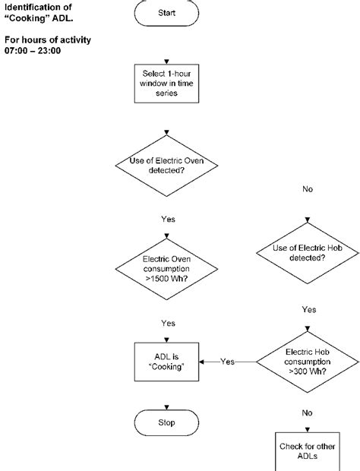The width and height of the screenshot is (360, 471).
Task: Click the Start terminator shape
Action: tap(166, 13)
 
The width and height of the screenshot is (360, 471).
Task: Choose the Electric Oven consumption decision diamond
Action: tap(168, 270)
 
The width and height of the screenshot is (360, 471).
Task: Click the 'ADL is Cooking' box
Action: tap(168, 362)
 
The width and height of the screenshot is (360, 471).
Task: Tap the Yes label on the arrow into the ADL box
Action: tap(228, 362)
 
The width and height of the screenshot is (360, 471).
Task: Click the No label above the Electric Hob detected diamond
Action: tap(308, 189)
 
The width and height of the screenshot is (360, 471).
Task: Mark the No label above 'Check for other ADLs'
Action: tap(307, 413)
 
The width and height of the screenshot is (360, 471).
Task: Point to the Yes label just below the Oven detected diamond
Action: tap(168, 219)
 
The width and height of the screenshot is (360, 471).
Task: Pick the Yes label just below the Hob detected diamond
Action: tap(308, 309)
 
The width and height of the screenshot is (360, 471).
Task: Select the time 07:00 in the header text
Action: tap(15, 51)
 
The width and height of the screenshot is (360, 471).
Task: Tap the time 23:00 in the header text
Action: tap(49, 51)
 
